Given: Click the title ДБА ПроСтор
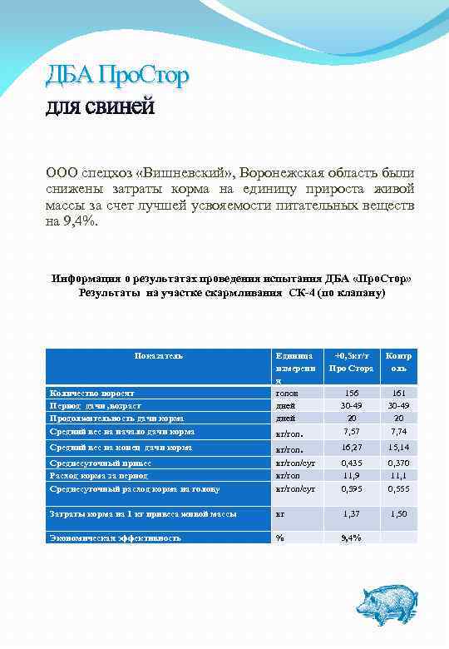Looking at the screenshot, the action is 116,77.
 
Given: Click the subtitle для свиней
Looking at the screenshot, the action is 100,108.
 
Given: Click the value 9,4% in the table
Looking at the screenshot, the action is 351,538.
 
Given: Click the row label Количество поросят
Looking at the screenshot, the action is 98,391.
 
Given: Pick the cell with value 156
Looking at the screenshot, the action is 351,392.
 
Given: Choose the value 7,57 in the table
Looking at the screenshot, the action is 351,432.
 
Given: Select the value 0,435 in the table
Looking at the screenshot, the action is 351,463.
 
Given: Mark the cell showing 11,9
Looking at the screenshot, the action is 351,475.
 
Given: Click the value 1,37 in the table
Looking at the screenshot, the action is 351,514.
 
